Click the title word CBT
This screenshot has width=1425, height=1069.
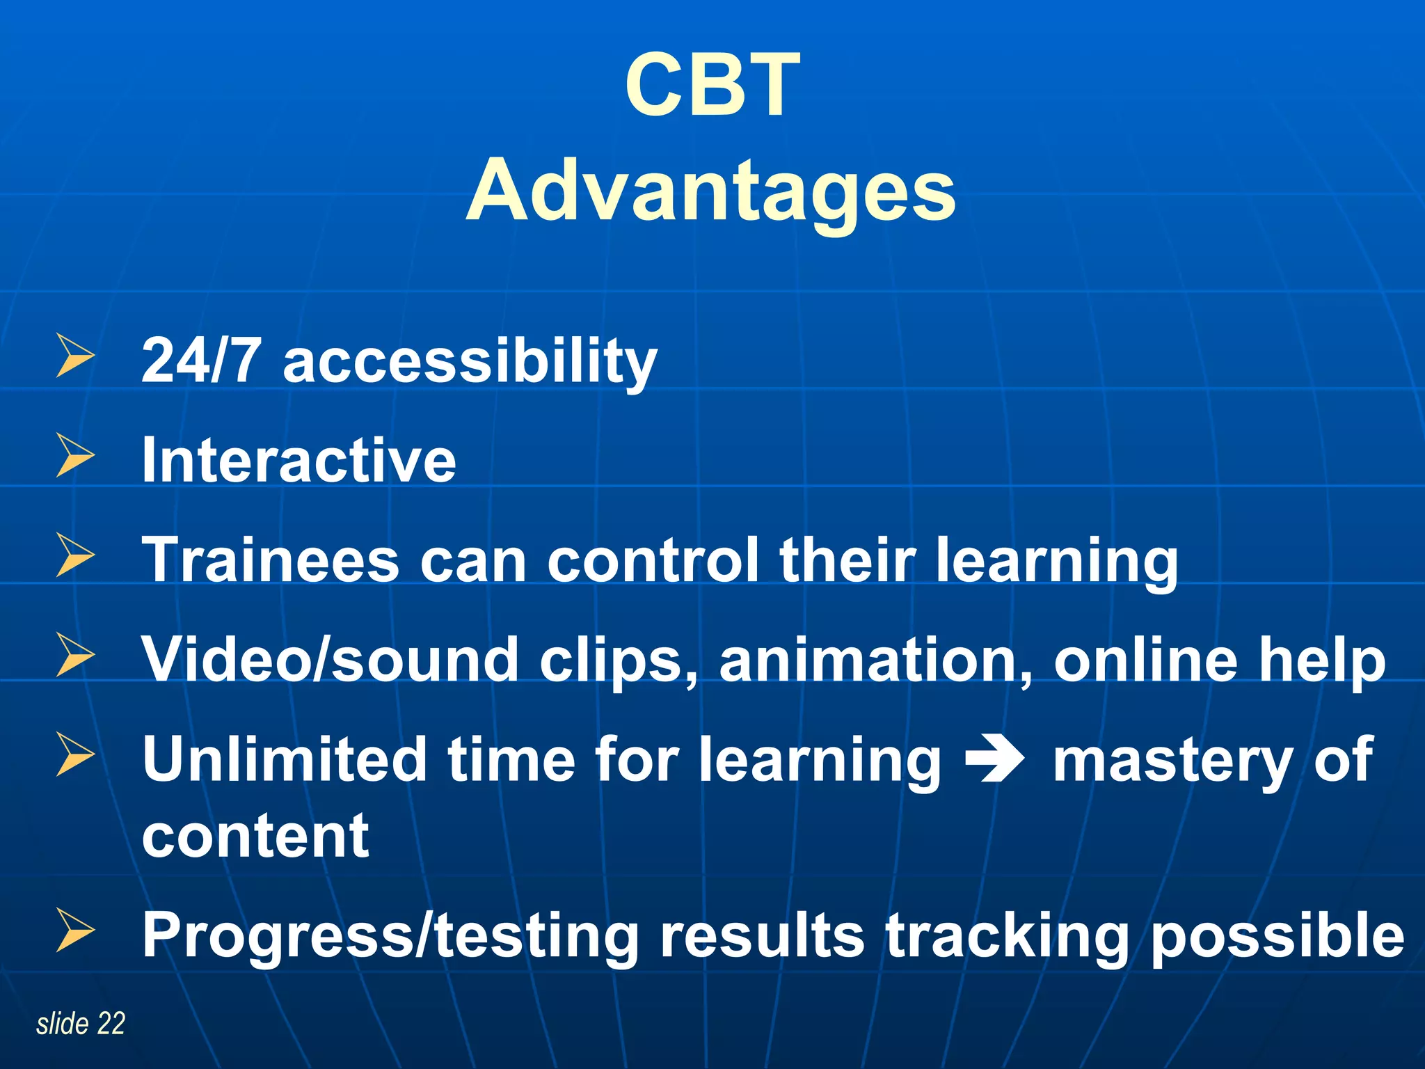(712, 86)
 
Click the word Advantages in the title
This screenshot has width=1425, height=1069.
(711, 191)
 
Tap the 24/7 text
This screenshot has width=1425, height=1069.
(200, 361)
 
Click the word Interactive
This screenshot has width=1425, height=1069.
(298, 460)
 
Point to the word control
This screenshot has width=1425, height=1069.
(652, 560)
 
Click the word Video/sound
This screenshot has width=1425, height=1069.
(330, 660)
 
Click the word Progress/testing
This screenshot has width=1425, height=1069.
(390, 935)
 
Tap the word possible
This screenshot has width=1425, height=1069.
(1277, 937)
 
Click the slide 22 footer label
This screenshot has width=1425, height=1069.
(81, 1024)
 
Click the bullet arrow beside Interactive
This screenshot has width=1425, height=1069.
(74, 457)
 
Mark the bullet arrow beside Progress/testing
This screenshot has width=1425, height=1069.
(74, 931)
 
